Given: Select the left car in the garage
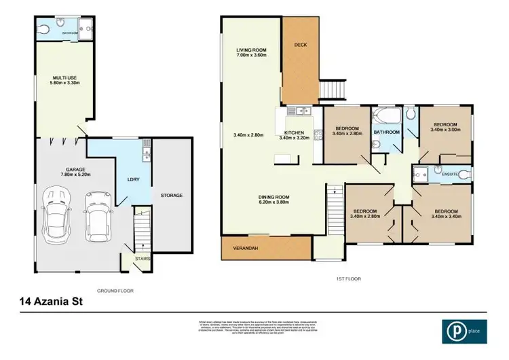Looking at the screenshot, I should tap(54, 211).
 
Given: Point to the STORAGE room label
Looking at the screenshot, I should tap(171, 196).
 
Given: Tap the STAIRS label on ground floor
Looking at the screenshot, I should tap(143, 258).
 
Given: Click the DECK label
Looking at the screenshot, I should tap(301, 45).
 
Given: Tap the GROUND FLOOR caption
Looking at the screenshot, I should tap(116, 291).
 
